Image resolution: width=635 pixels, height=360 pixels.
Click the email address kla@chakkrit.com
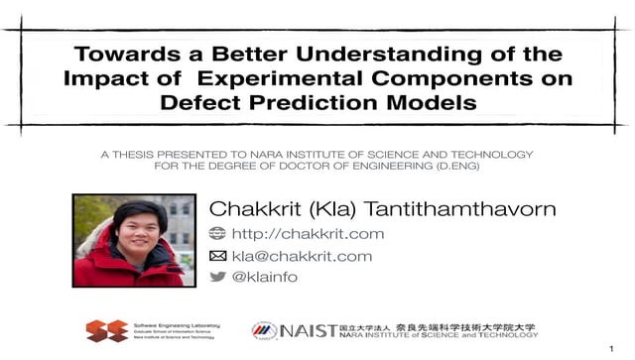tap(301, 256)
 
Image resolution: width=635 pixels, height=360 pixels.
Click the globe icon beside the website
tap(217, 234)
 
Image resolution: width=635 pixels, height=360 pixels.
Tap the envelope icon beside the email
tap(217, 256)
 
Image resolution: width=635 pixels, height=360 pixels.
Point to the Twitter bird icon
tap(217, 278)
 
